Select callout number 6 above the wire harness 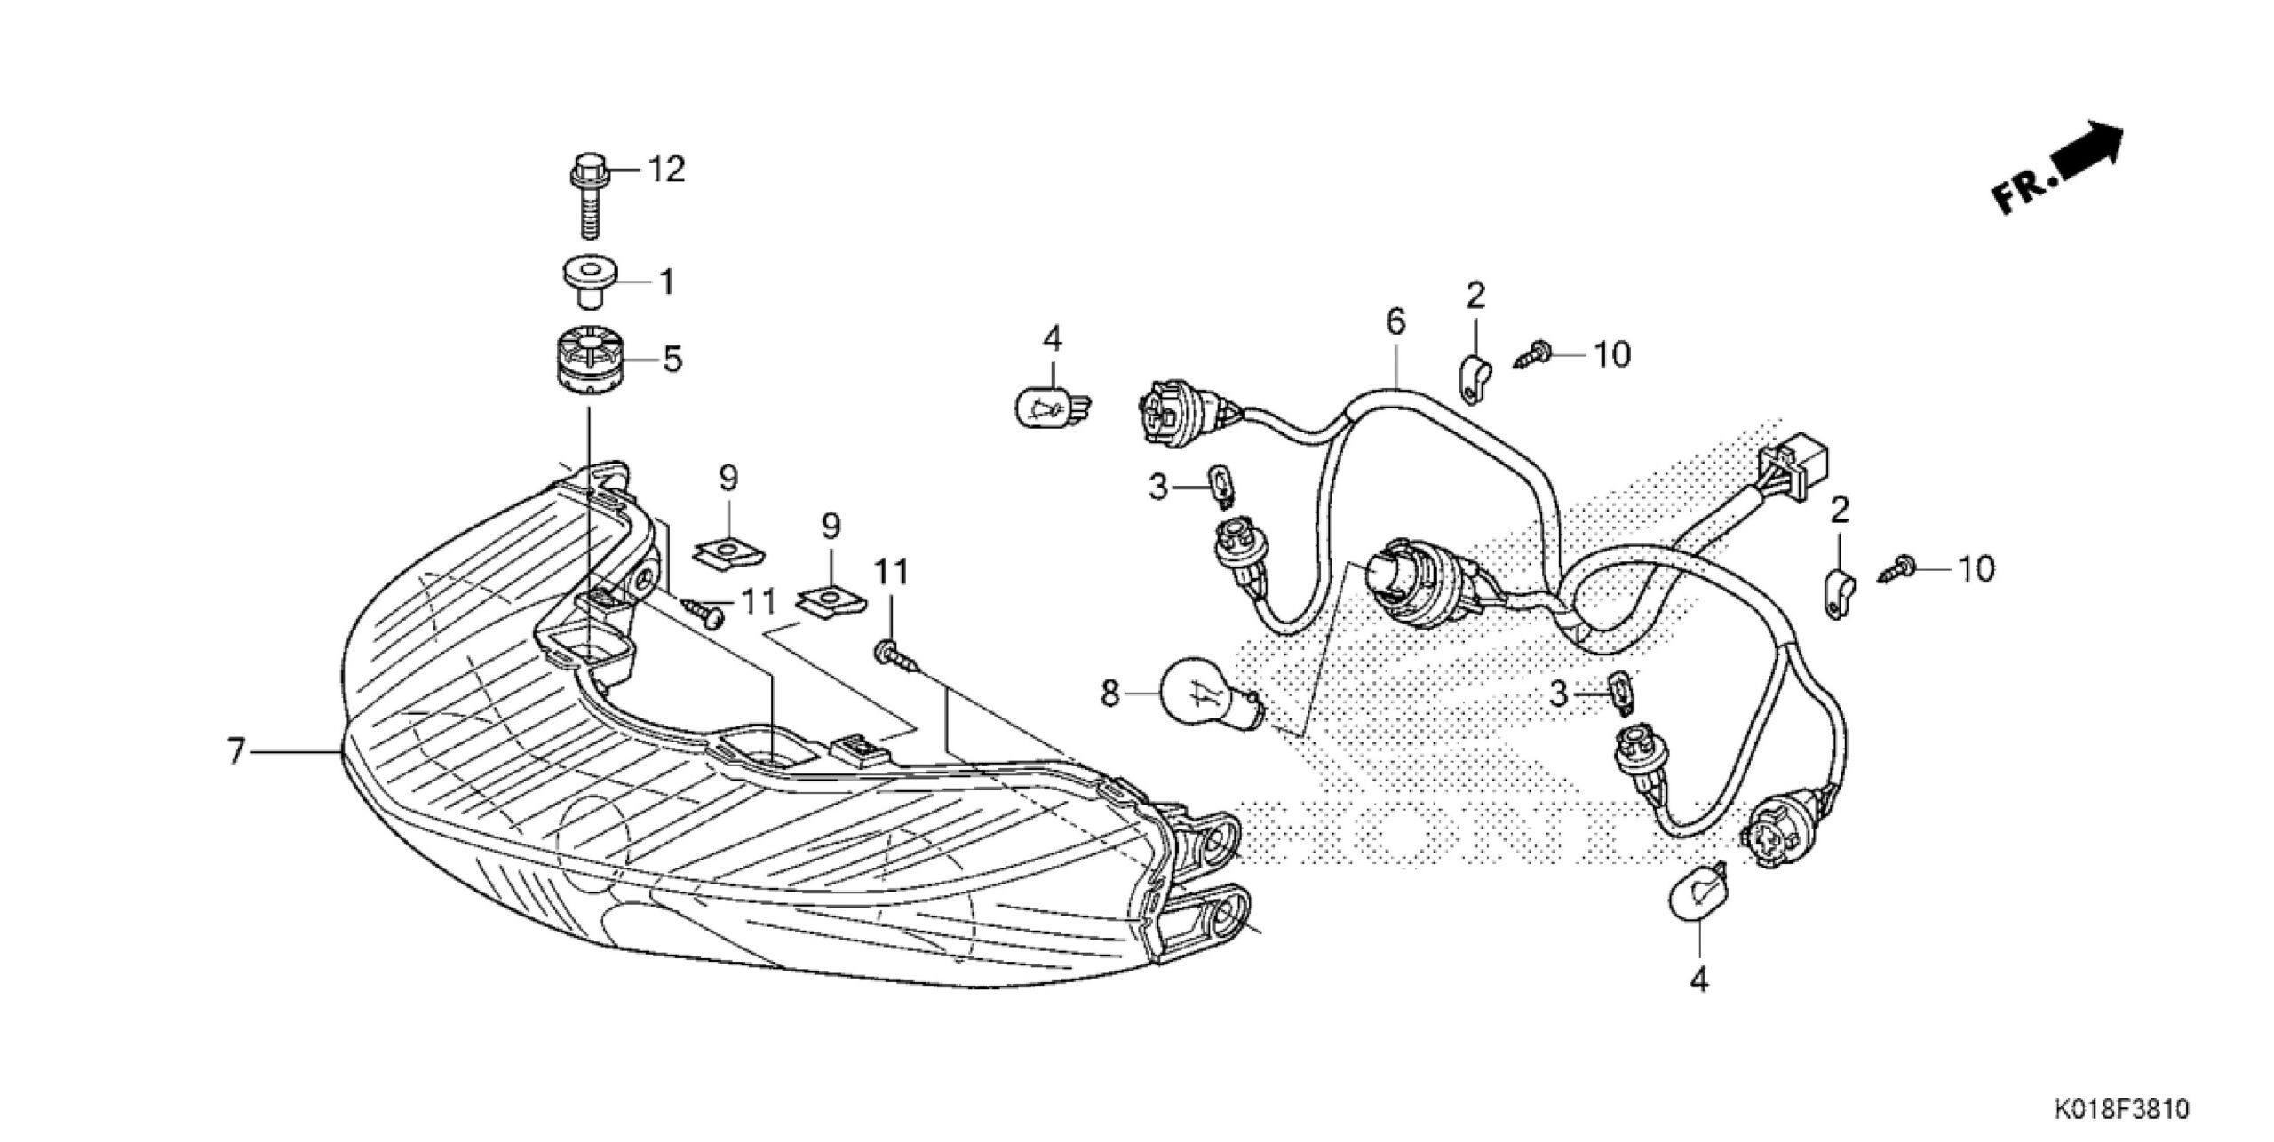click(1395, 322)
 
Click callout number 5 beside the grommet click(672, 360)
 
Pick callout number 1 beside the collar click(665, 282)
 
